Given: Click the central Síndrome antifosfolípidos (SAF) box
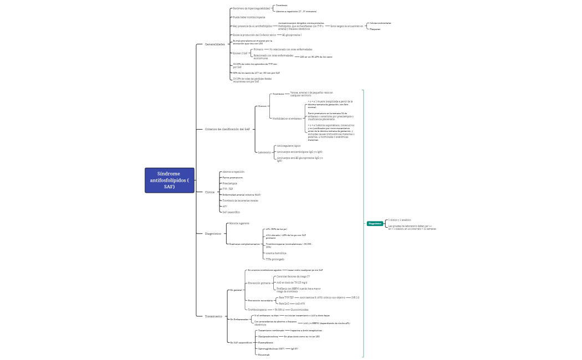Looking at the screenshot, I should click(x=170, y=181).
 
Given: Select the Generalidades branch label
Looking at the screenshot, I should click(x=215, y=44).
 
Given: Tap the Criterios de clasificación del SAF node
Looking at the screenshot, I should click(x=227, y=129).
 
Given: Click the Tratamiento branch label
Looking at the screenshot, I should click(x=213, y=316).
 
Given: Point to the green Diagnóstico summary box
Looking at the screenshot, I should click(x=375, y=223).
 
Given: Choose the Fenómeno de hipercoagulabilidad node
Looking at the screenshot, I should click(x=251, y=9).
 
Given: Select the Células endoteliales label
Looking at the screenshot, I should click(x=380, y=23).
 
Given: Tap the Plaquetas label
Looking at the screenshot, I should click(x=375, y=29).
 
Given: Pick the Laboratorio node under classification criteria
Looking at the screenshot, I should click(x=264, y=152).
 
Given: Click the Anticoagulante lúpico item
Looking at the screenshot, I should click(x=288, y=146).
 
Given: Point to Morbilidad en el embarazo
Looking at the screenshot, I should click(x=287, y=118).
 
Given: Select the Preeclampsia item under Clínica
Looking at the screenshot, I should click(x=229, y=183).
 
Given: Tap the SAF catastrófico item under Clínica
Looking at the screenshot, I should click(x=231, y=212).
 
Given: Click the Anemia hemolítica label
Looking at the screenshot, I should click(x=276, y=253).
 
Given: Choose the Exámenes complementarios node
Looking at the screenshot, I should click(x=244, y=244).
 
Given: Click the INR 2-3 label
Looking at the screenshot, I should click(x=355, y=297).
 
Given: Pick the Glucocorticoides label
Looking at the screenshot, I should click(x=300, y=310).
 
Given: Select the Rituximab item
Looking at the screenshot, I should click(x=264, y=354).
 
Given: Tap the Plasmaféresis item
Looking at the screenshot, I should click(x=266, y=342).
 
